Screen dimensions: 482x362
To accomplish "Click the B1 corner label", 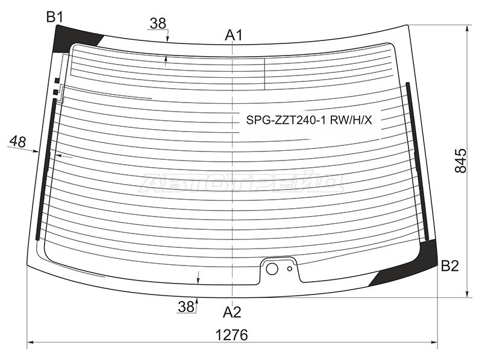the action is [x=55, y=17].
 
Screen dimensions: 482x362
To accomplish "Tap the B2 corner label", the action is [x=449, y=265].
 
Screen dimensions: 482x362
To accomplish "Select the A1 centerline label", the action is [x=234, y=35].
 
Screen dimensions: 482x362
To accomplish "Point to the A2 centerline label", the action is [x=232, y=312].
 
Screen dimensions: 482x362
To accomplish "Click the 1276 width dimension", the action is [x=232, y=335].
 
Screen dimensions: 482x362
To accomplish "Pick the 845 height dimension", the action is [x=460, y=160].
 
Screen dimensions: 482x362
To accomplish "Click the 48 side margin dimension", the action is [x=17, y=142].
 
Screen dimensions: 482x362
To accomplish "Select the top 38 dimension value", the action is [x=158, y=24].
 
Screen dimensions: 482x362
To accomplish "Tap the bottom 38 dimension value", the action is [x=186, y=306].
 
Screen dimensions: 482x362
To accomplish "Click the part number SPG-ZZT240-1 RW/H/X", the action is [x=309, y=120].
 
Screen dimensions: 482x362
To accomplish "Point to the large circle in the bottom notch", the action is [x=272, y=268].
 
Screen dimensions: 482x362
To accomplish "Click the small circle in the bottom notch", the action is [x=290, y=268].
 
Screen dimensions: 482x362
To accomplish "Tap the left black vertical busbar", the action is [x=46, y=170].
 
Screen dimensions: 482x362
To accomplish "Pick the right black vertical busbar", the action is [x=418, y=161].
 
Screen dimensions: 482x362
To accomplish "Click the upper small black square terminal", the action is [x=57, y=81].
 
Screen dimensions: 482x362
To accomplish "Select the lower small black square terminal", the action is [x=55, y=92].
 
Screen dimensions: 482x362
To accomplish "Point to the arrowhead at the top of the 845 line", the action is [x=468, y=29].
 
